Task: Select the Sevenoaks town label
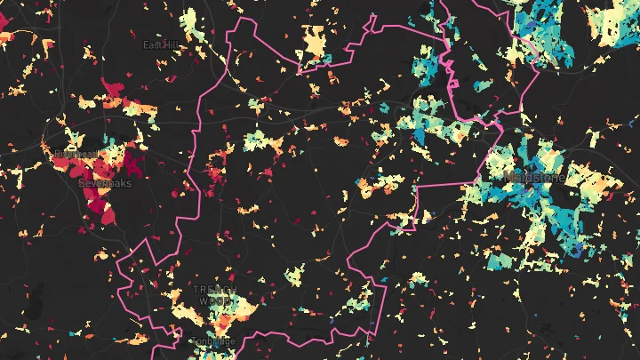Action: coord(105,182)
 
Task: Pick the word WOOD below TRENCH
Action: coord(213,301)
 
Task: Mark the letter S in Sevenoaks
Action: coord(83,182)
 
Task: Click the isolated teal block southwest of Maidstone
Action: coord(498,260)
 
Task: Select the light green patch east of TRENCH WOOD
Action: coord(294,276)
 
